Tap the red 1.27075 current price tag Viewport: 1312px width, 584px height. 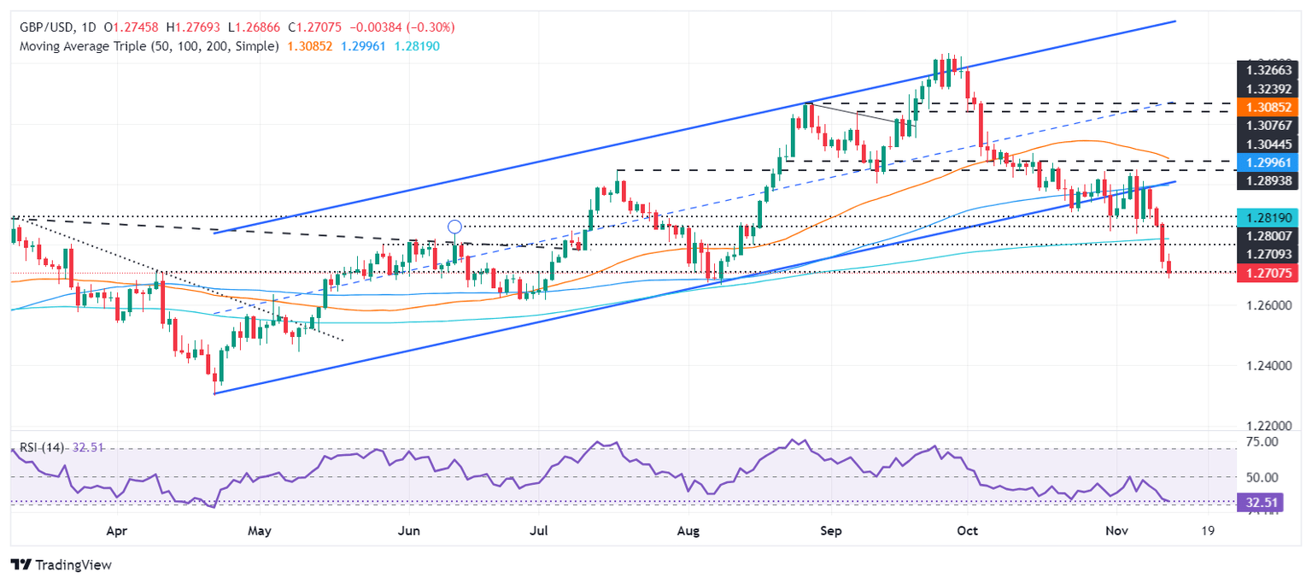[x=1267, y=274]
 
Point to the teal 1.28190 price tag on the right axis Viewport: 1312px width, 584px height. [x=1267, y=216]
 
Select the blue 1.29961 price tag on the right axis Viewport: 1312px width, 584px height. [x=1267, y=161]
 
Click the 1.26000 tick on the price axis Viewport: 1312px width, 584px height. [x=1267, y=305]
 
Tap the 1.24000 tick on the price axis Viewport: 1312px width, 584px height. [x=1267, y=365]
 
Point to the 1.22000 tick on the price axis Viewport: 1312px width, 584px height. [x=1267, y=426]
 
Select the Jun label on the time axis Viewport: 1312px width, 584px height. [x=408, y=531]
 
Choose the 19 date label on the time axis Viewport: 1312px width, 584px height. [x=1207, y=531]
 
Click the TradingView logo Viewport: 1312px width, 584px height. [x=61, y=565]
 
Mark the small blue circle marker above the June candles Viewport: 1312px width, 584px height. [x=454, y=227]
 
